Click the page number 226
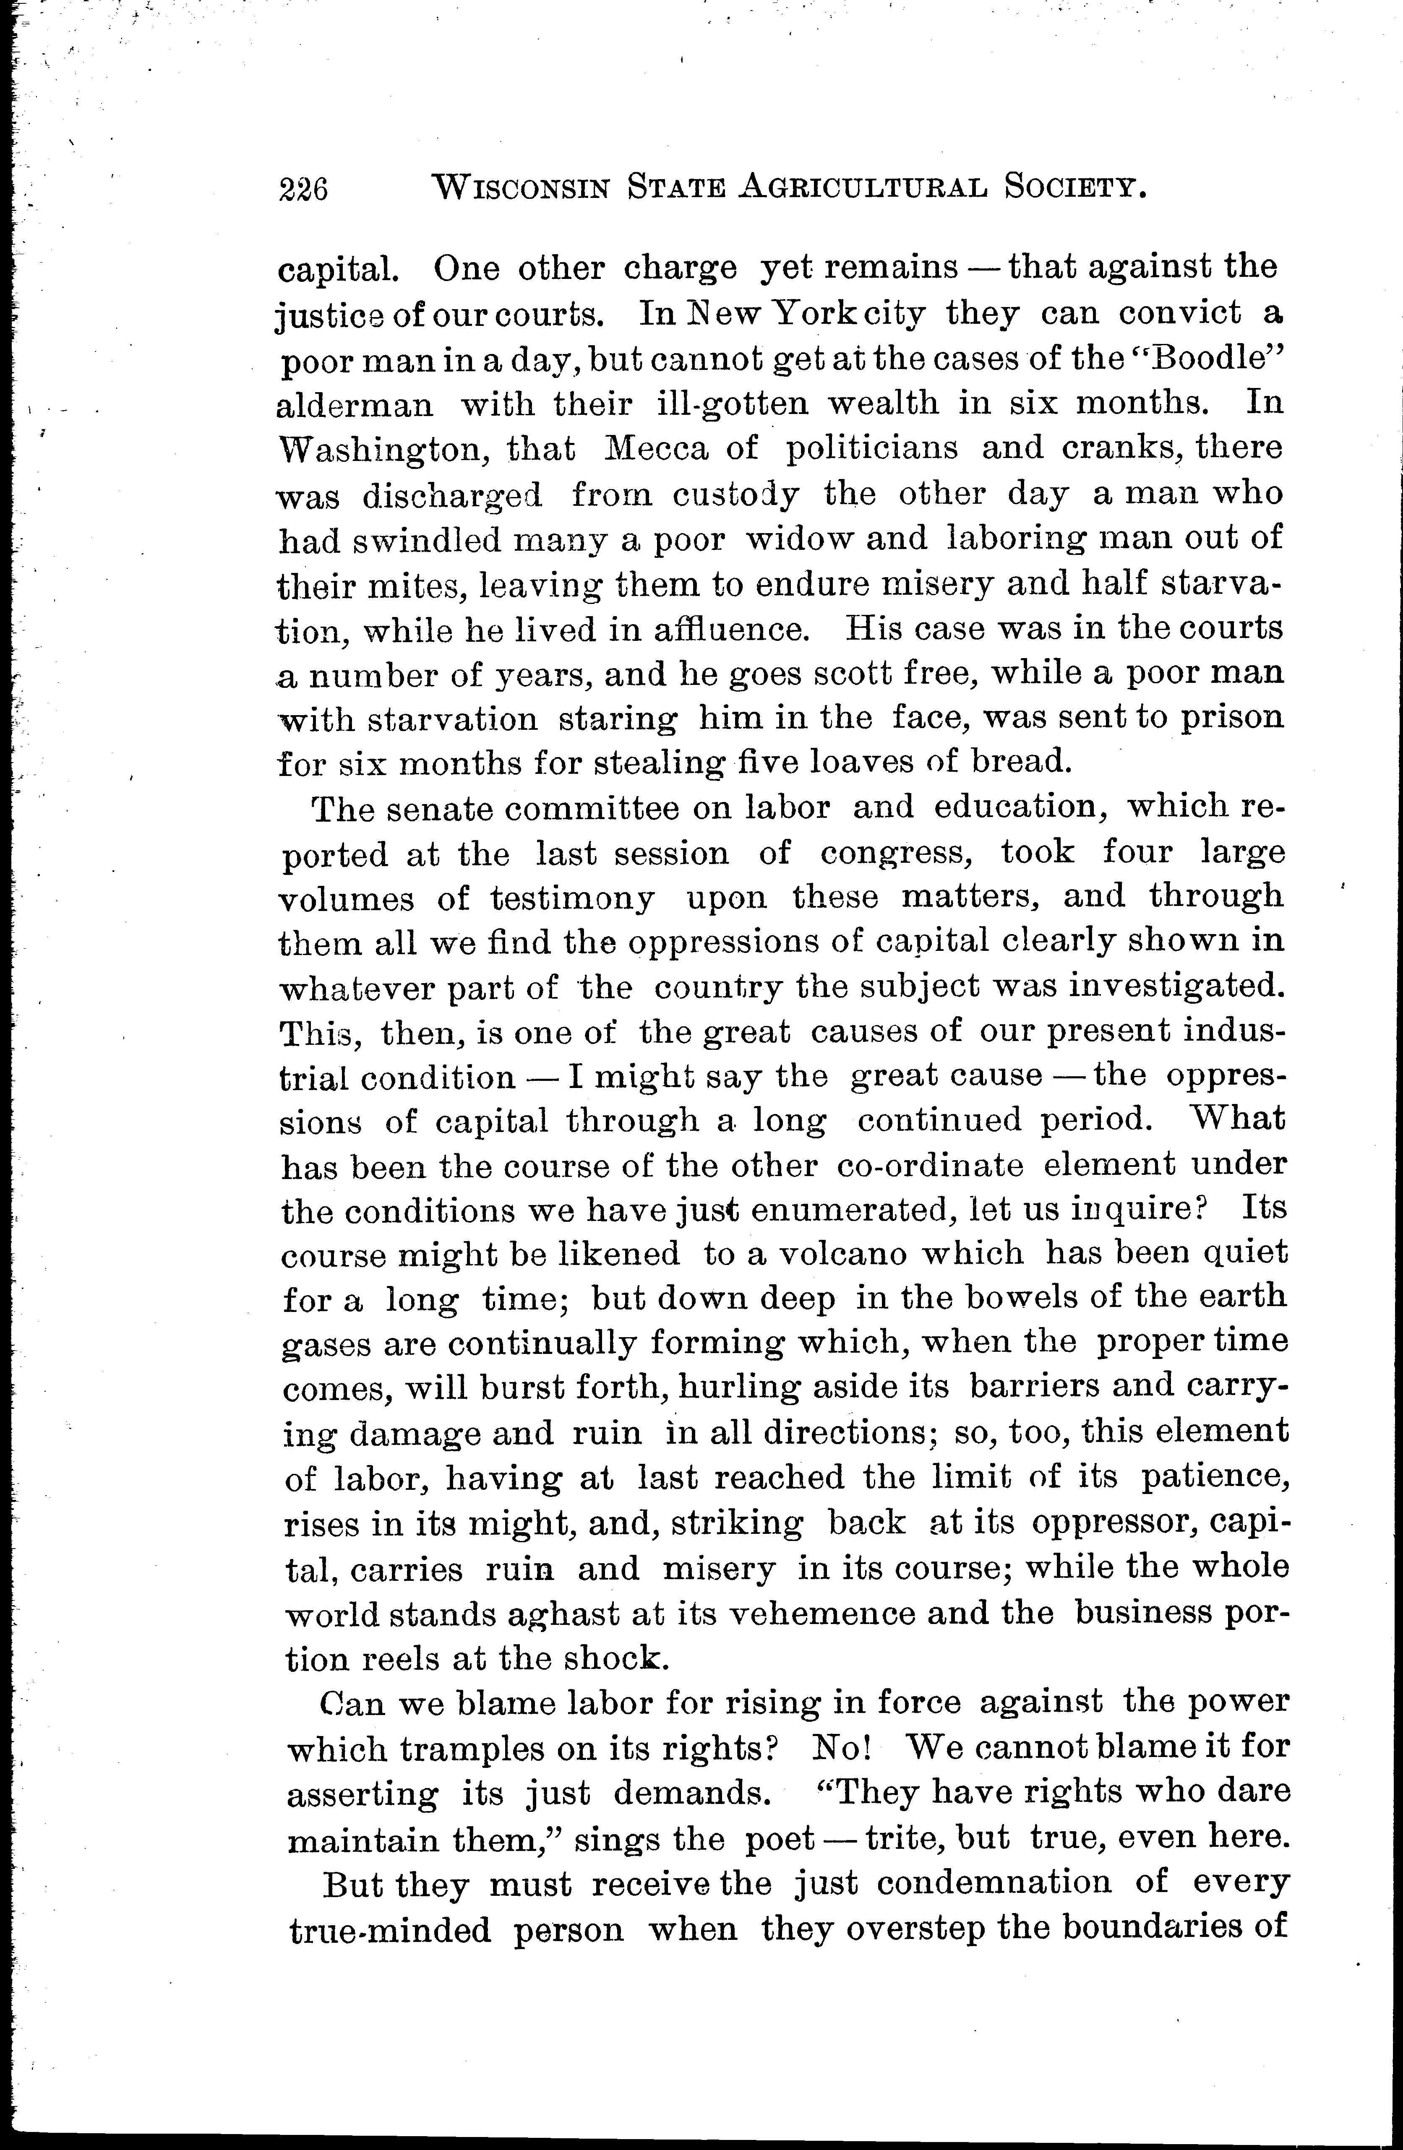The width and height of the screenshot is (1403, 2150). [x=303, y=189]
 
